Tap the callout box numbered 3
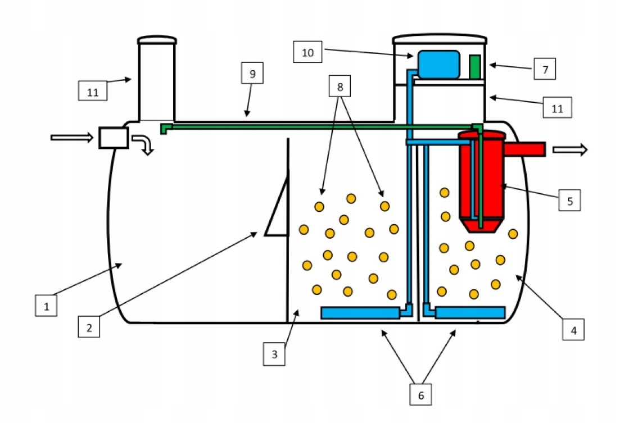coord(274,354)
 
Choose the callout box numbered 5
coord(569,200)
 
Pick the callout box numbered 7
coord(545,70)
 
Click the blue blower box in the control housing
coord(437,64)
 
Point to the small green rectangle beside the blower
coord(476,66)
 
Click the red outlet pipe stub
coord(525,149)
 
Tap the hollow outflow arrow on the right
coord(570,149)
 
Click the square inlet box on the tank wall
coord(113,138)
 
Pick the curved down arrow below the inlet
coord(145,144)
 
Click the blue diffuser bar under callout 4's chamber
coord(470,312)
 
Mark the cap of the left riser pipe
coord(157,40)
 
